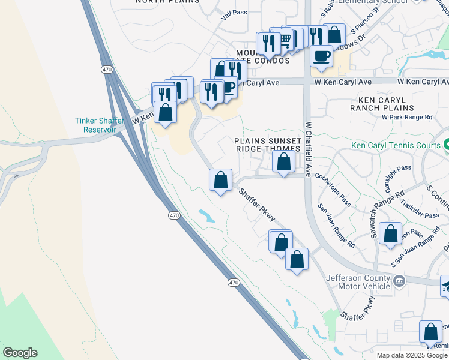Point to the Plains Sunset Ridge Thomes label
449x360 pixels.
(x=267, y=145)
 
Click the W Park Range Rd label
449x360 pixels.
(x=406, y=117)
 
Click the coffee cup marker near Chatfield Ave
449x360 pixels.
(x=321, y=56)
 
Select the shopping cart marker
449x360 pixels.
(x=286, y=40)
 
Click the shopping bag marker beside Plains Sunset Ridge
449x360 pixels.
(x=283, y=161)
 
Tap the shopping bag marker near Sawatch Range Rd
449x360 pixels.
(x=391, y=233)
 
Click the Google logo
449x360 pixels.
(x=20, y=353)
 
